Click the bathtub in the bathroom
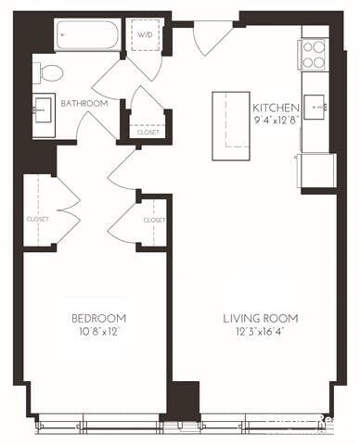click(x=87, y=36)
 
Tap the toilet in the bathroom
click(x=50, y=71)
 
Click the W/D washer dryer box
click(x=147, y=35)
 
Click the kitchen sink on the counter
click(x=318, y=108)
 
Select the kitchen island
click(x=232, y=119)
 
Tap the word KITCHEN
click(x=276, y=108)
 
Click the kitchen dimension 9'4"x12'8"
click(x=276, y=120)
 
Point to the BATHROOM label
click(x=84, y=104)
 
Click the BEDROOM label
click(x=98, y=318)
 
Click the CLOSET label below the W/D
click(x=148, y=133)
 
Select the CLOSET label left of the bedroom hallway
click(x=37, y=219)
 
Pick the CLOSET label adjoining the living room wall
click(x=154, y=220)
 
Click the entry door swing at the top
click(x=212, y=39)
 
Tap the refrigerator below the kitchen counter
click(x=317, y=171)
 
